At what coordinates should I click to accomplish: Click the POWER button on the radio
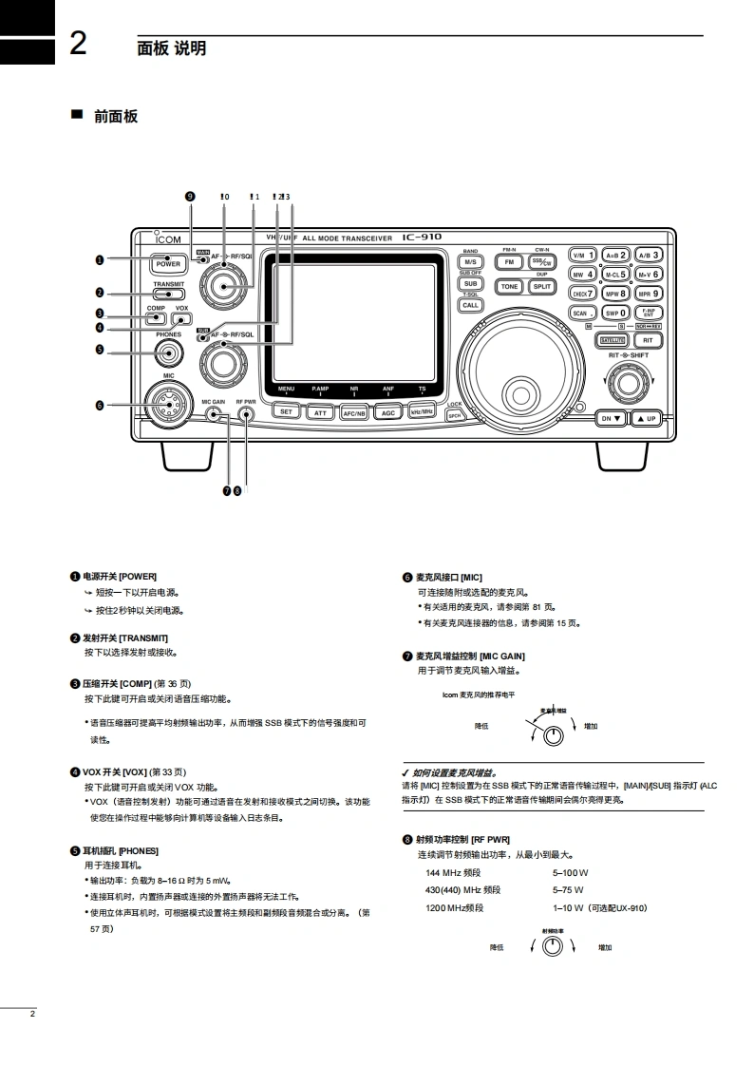click(168, 264)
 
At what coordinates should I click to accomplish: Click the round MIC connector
click(168, 405)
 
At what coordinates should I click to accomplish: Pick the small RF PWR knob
click(246, 415)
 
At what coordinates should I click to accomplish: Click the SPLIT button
click(541, 286)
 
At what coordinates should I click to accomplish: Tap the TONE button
click(510, 286)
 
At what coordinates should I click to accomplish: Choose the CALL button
click(470, 305)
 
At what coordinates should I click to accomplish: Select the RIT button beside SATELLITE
click(648, 339)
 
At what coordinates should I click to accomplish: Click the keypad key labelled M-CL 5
click(615, 275)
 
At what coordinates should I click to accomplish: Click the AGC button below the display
click(387, 412)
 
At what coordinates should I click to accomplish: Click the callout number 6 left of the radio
click(100, 405)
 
